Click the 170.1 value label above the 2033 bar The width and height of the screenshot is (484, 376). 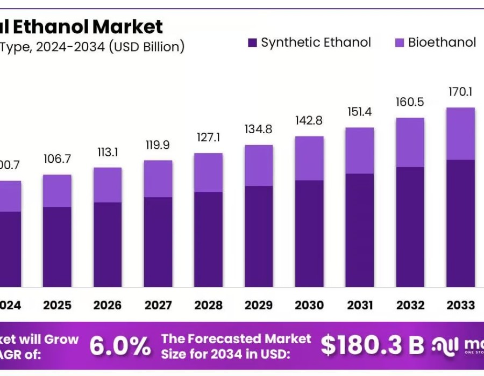460,92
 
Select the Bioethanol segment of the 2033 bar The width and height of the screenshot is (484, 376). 460,133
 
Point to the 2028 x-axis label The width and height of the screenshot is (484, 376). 208,305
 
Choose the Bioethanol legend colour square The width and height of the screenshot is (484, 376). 400,43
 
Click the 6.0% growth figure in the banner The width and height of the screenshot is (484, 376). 120,346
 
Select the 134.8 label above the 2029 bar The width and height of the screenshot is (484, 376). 259,130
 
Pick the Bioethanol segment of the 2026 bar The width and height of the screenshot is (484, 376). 108,185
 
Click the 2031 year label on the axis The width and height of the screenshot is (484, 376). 360,305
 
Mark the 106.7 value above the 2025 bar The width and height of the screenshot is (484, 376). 57,160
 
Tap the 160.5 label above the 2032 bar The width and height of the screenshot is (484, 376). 410,102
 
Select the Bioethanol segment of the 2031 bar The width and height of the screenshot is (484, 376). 360,150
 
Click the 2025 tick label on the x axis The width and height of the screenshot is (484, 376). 57,305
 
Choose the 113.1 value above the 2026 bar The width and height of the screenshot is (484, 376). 108,152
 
